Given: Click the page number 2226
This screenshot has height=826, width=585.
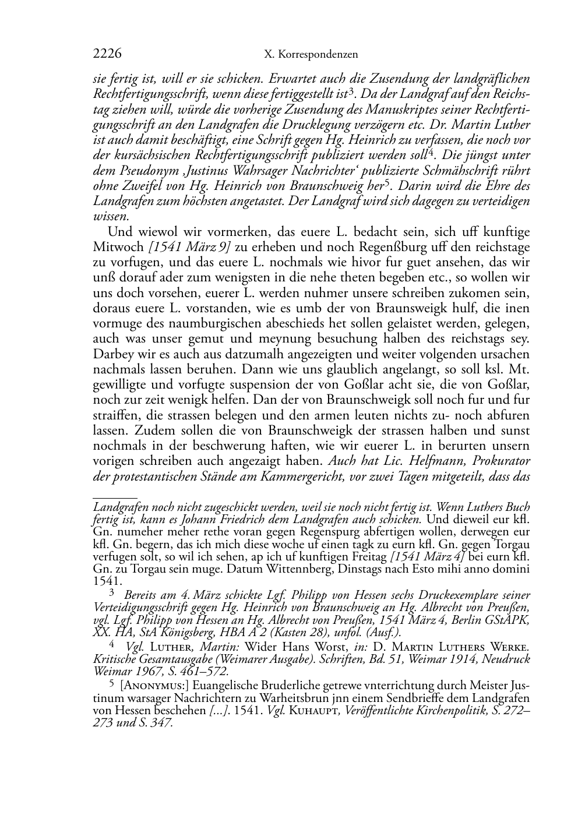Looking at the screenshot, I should coord(107,54).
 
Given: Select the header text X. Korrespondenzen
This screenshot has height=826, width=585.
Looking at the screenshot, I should coord(311,55).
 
